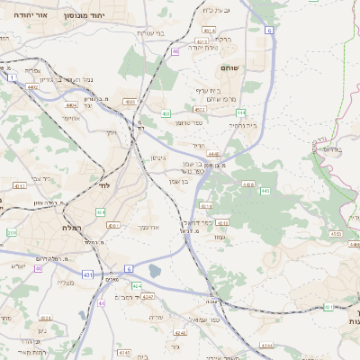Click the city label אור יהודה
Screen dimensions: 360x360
20,15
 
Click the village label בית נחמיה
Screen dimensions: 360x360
242,125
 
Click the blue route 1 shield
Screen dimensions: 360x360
12,78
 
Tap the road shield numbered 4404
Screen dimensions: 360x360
71,105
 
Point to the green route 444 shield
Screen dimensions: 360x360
241,112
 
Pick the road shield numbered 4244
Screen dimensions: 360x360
265,345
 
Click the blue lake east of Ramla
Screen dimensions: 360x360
153,269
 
